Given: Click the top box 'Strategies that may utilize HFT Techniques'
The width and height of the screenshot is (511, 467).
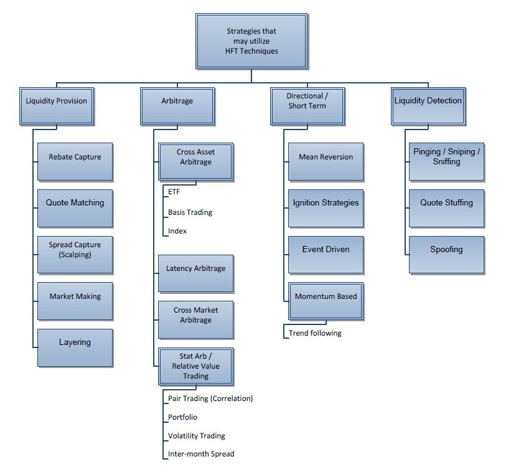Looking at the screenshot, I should (x=251, y=40).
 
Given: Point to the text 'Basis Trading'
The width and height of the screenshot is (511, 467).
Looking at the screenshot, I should (x=190, y=212).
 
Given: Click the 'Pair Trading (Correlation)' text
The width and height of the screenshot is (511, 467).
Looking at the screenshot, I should (x=210, y=398).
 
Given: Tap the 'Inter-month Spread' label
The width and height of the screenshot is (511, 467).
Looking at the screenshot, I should (x=201, y=454).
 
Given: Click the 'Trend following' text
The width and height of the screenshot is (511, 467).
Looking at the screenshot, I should (x=315, y=333).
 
